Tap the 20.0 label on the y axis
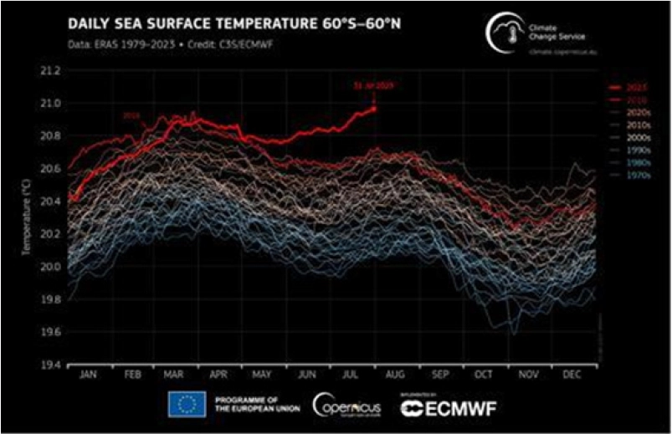tap(52, 267)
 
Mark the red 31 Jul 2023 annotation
tap(372, 84)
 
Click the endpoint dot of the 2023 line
tap(373, 108)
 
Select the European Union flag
tap(187, 406)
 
